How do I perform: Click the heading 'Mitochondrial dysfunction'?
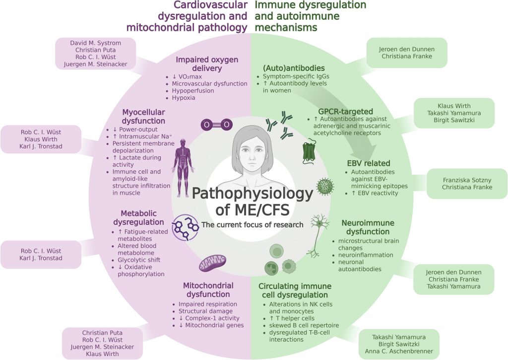[x=208, y=290]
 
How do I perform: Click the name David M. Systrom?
[x=95, y=43]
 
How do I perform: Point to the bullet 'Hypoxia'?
[x=184, y=98]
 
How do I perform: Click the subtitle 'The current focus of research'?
[x=252, y=224]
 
